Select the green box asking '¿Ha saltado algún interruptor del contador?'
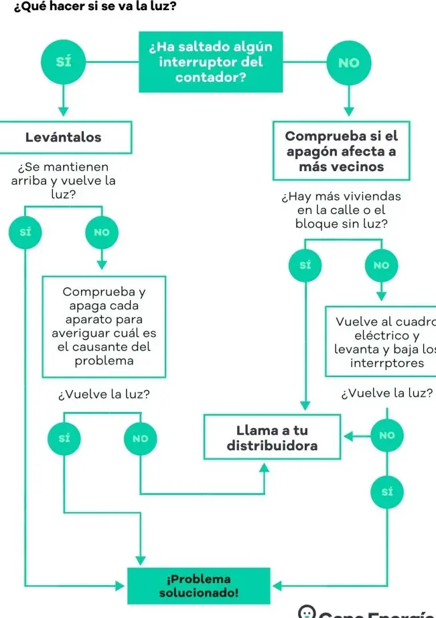pos(210,62)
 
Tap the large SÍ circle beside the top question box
pos(64,62)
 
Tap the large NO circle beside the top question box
pos(349,62)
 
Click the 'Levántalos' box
pos(64,138)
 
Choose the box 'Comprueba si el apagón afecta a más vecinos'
pos(341,151)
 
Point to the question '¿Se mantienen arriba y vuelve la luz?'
pos(64,180)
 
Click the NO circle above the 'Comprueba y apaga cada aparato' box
pos(102,232)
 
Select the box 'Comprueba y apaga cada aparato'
pos(104,326)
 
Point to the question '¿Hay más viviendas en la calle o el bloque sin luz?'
pos(342,210)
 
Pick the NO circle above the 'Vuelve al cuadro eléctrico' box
pos(381,265)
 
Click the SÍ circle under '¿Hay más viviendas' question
pos(305,265)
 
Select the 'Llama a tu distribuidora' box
pos(272,437)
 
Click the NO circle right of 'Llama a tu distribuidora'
pos(387,435)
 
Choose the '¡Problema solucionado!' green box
pos(199,586)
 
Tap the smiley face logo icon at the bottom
pos(307,611)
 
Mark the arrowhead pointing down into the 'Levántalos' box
pos(64,112)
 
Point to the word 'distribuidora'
pos(272,445)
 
